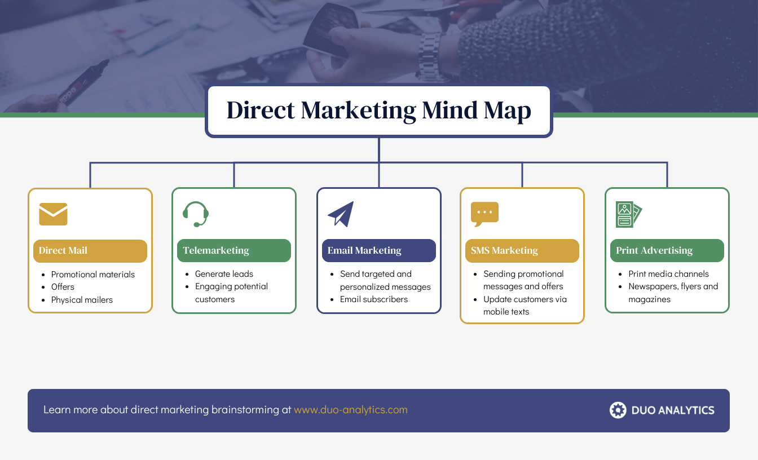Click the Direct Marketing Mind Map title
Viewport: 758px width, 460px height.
pos(378,110)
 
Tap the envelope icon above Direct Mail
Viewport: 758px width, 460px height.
pos(53,214)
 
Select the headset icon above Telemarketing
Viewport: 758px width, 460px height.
pos(196,214)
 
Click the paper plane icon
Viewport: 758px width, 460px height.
pos(341,214)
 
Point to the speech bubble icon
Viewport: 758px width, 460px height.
pos(484,214)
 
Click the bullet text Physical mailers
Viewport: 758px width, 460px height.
pos(82,300)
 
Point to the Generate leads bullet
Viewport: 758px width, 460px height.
pos(224,274)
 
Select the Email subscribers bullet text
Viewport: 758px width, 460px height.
pos(373,299)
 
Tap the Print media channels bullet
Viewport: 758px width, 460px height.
pos(668,274)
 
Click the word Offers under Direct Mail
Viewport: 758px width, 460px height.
pos(63,287)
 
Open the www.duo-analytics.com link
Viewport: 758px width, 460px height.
pos(350,410)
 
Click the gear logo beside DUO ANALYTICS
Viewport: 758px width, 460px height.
pos(618,410)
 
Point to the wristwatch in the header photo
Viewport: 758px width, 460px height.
pos(430,56)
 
